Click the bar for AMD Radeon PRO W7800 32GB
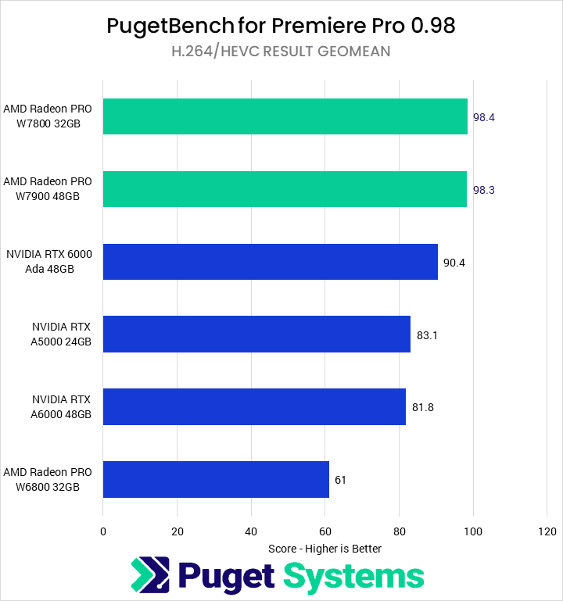coord(285,116)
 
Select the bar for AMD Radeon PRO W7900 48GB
coord(285,189)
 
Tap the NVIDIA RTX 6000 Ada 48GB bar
coord(270,262)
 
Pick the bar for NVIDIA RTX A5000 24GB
coord(256,334)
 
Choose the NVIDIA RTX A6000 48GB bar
coord(254,406)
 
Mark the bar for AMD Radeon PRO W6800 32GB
coord(216,479)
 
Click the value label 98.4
coord(484,117)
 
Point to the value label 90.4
coord(454,263)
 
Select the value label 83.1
coord(428,335)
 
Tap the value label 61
coord(340,480)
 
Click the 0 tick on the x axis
coord(103,531)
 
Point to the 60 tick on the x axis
coord(325,531)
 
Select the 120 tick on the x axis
coord(547,531)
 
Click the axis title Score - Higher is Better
coord(325,549)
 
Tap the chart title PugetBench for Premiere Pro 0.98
coord(281,27)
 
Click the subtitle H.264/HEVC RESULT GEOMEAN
coord(281,52)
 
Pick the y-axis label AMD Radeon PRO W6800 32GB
coord(48,479)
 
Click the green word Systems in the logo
coord(353,577)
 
